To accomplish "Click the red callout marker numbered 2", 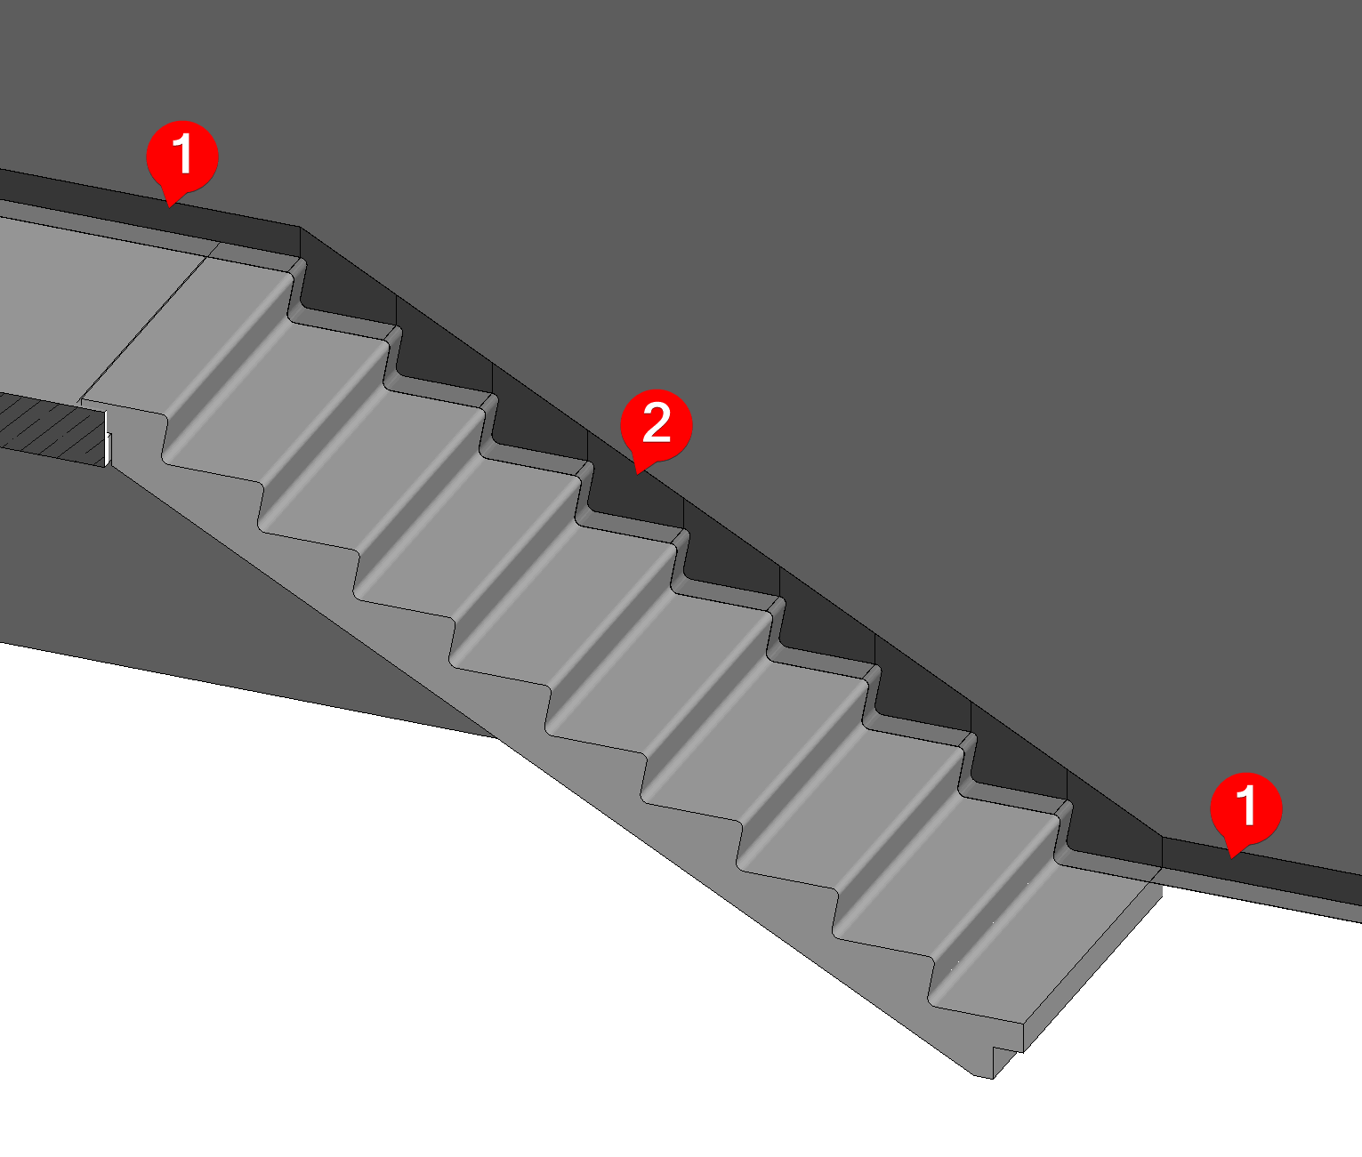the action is click(656, 425).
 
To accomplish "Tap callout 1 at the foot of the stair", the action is click(1245, 808).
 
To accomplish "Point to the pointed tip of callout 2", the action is click(637, 474).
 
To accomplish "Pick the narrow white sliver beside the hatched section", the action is click(108, 439).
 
